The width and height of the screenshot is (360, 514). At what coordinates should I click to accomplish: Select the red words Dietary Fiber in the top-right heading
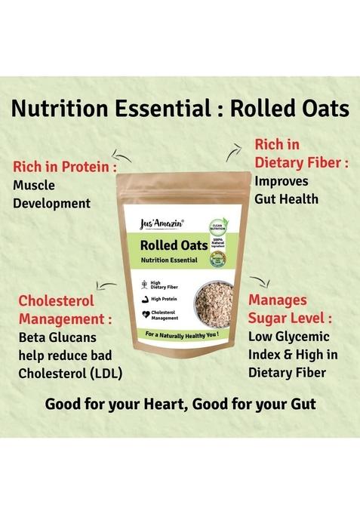pyautogui.click(x=300, y=162)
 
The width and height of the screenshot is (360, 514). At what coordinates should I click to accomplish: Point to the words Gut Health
pyautogui.click(x=286, y=199)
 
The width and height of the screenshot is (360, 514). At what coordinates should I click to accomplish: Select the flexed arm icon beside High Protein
pyautogui.click(x=144, y=299)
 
